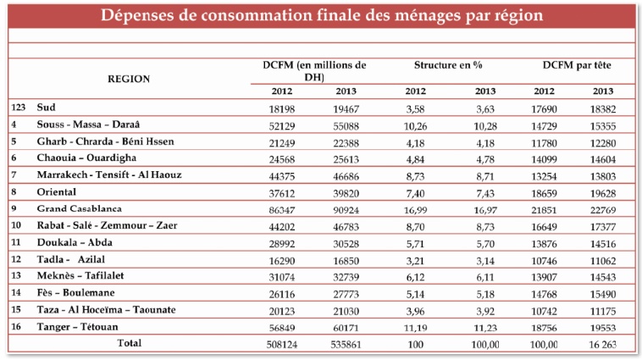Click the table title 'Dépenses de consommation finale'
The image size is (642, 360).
point(321,16)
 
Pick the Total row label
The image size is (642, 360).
point(129,343)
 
